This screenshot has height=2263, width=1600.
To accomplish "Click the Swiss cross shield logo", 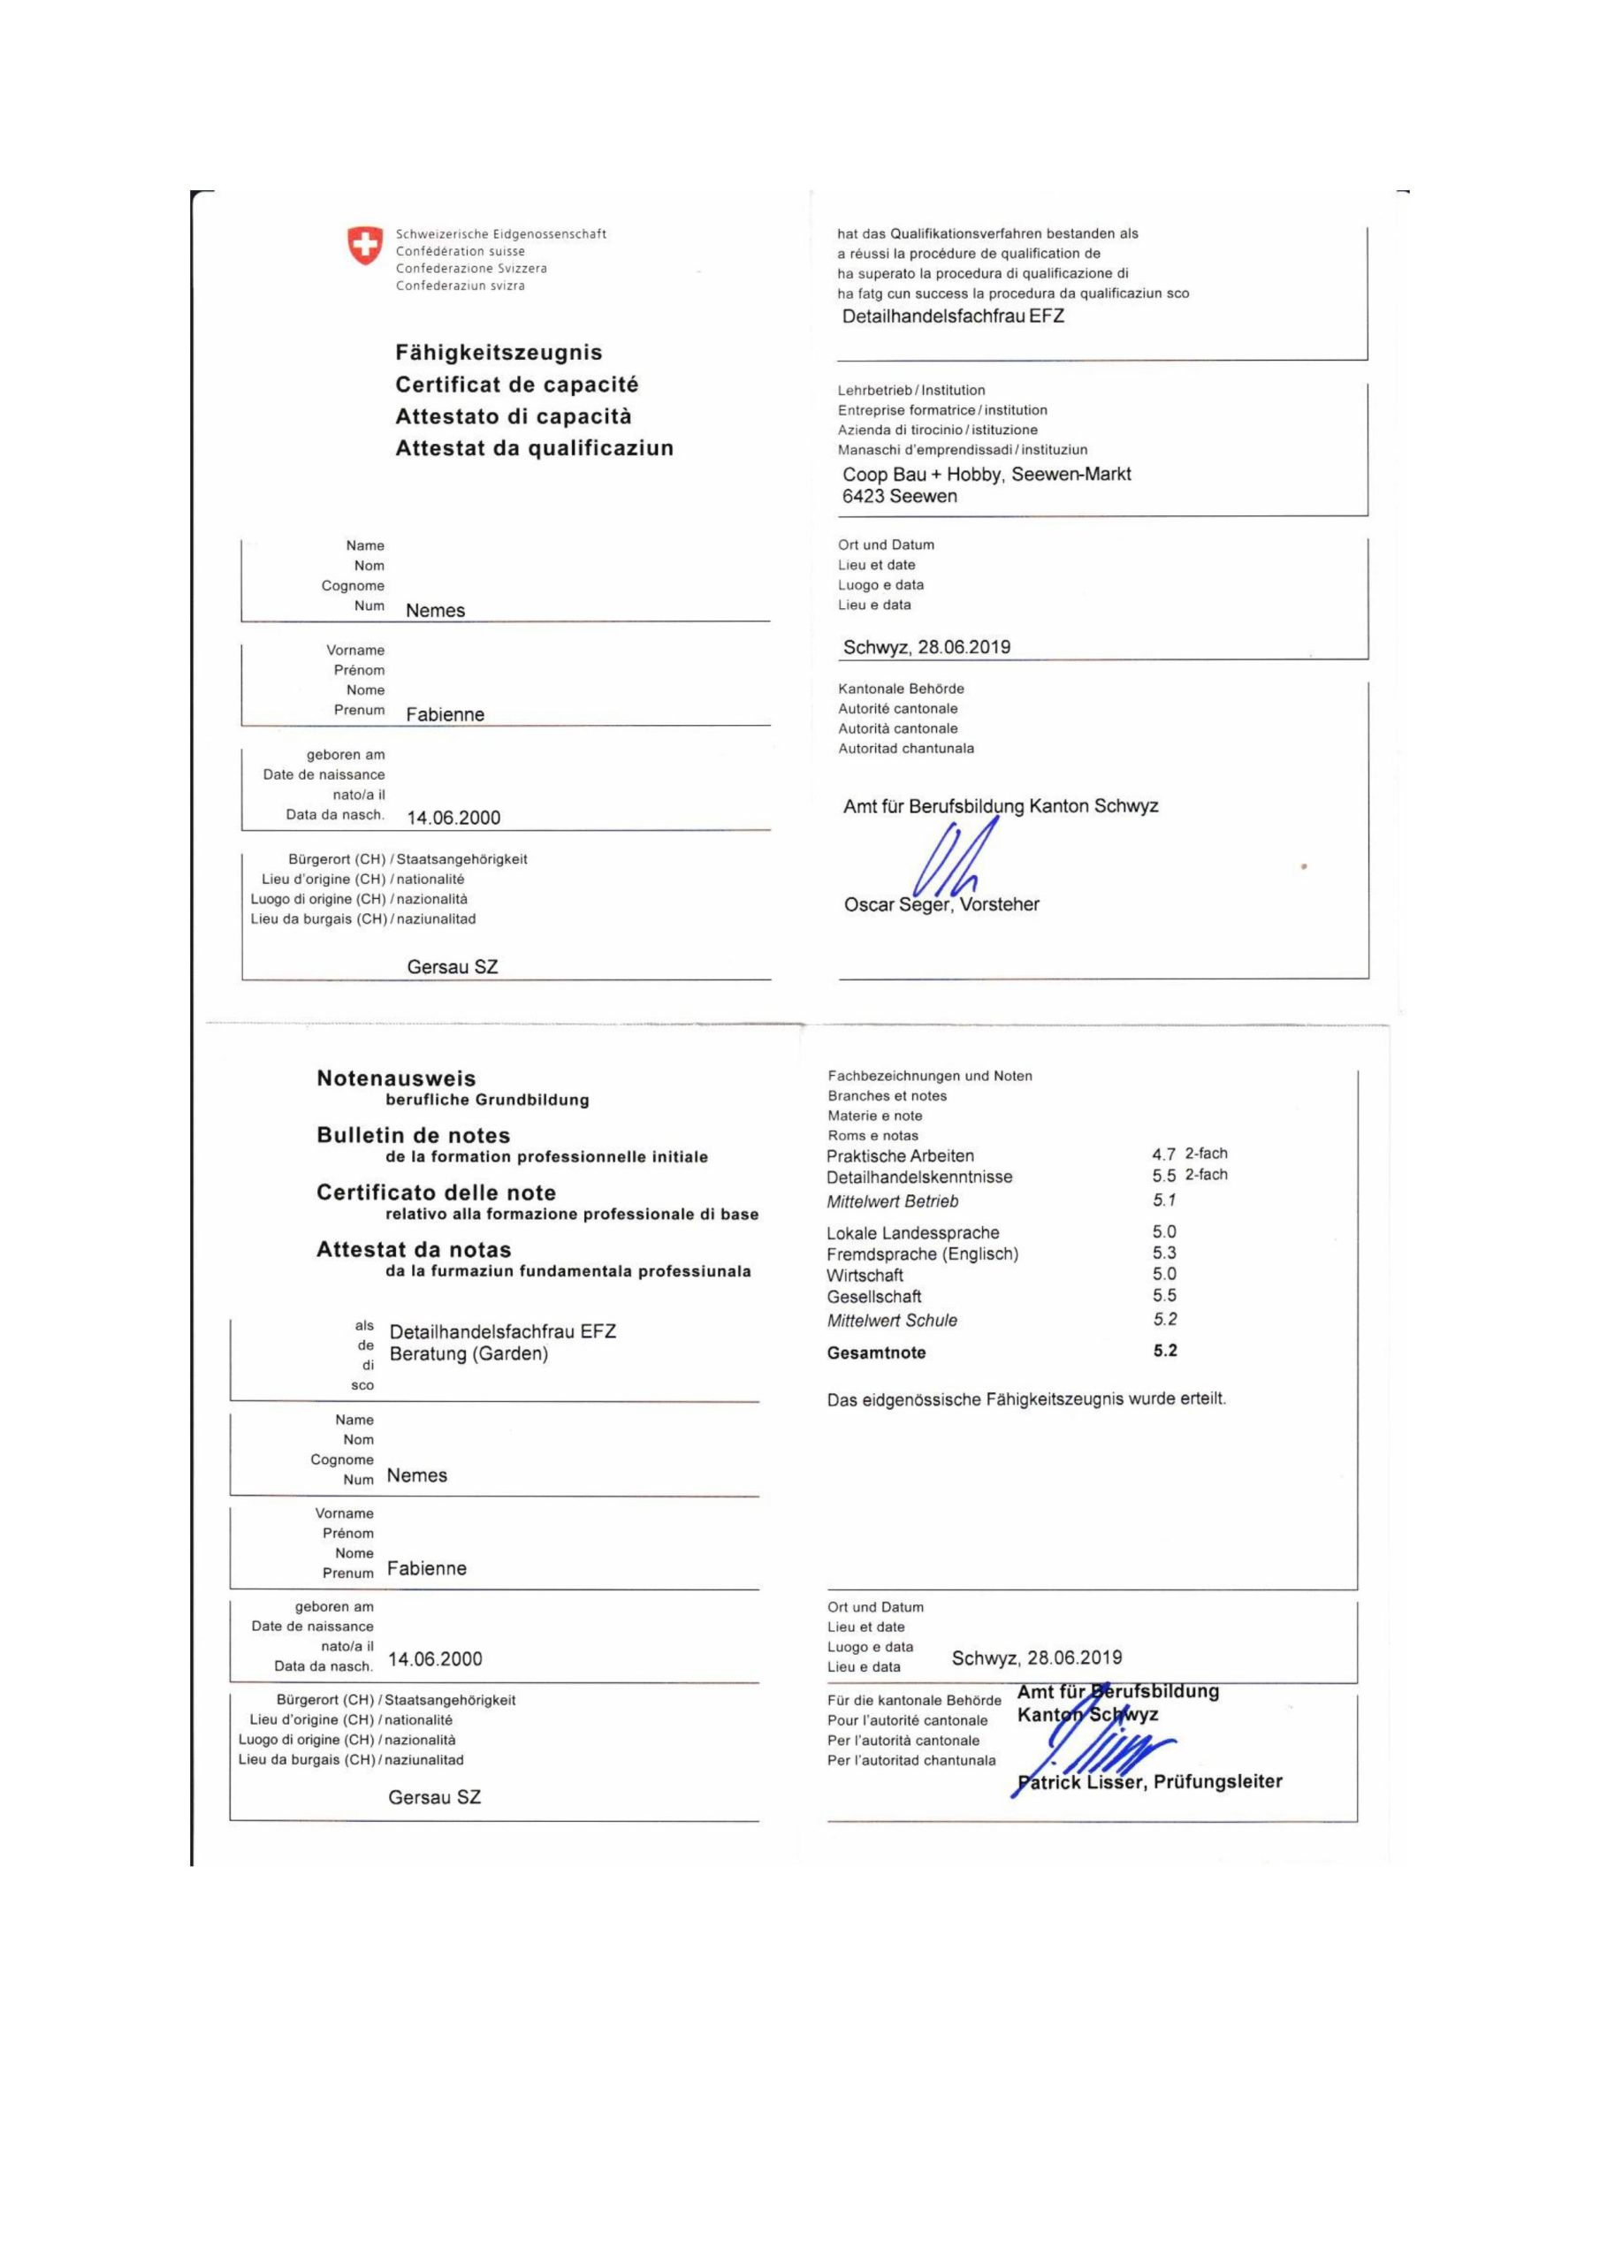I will [x=365, y=246].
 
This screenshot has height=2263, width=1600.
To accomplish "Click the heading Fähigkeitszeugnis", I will [x=499, y=353].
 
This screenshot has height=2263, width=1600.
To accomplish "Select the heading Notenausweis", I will [x=396, y=1078].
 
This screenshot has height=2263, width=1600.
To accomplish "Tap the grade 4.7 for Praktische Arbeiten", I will [x=1163, y=1154].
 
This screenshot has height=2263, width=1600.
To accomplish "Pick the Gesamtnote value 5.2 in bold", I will [x=1165, y=1351].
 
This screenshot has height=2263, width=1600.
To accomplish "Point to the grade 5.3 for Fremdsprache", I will [x=1164, y=1253].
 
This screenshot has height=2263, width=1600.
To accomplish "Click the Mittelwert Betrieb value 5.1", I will [x=1164, y=1200].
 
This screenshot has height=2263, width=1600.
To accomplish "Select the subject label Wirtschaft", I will [x=865, y=1276].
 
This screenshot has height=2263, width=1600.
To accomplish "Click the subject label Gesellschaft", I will [x=874, y=1296].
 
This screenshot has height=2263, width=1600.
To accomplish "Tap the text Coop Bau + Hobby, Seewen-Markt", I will [x=986, y=474].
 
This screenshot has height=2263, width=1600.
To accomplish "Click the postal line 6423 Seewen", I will [x=899, y=497].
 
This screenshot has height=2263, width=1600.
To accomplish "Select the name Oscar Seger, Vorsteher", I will [x=941, y=905].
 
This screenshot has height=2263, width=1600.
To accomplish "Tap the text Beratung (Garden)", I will [x=469, y=1354].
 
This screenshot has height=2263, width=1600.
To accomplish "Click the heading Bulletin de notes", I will [x=413, y=1135].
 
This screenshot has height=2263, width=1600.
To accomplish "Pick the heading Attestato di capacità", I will [x=514, y=416].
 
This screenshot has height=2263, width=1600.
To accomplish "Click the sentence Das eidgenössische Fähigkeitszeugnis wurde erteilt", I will [x=1026, y=1398].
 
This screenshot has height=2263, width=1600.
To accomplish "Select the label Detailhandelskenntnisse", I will [x=919, y=1177].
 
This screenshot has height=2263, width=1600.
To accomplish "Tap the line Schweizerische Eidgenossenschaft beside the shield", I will [x=501, y=234].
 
